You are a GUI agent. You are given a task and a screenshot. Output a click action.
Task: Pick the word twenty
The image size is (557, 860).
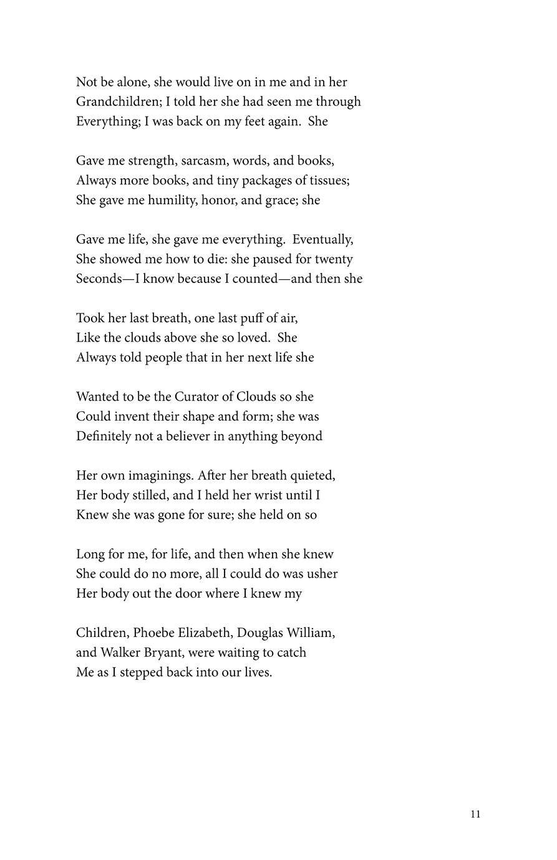tap(334, 259)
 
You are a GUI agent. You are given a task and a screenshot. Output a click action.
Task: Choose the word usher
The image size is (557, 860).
tap(322, 574)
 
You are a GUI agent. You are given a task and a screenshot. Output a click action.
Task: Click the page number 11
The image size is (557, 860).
tap(476, 814)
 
